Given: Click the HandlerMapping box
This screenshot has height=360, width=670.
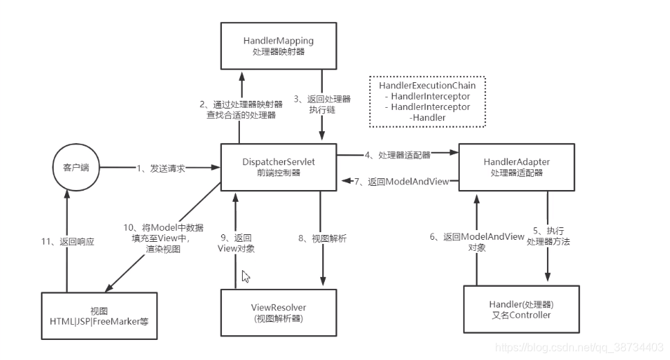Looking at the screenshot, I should [278, 46].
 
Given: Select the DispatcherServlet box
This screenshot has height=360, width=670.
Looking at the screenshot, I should [278, 167].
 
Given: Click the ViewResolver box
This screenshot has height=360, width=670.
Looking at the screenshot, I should [278, 312].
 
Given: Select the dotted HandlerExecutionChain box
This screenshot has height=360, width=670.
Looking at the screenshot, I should [427, 101].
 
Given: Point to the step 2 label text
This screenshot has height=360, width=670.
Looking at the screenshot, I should [237, 110].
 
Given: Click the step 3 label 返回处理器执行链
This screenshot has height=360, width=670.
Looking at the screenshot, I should [322, 104].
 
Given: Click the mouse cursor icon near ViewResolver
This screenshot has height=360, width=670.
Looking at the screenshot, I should [245, 276].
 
